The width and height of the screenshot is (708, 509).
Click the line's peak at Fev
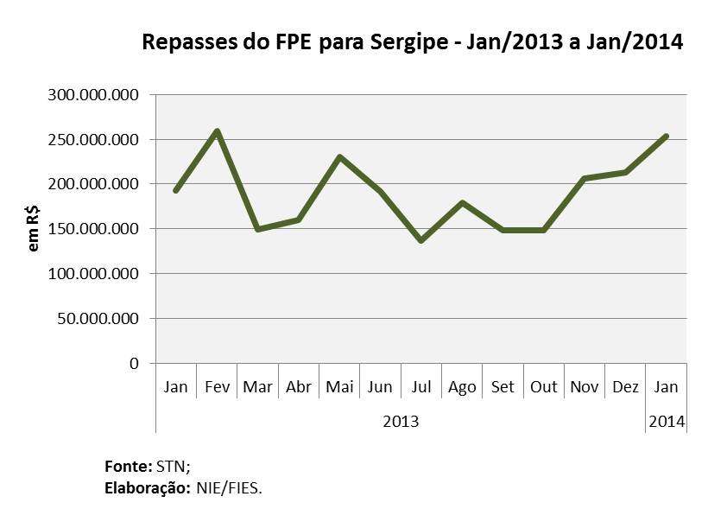(217, 131)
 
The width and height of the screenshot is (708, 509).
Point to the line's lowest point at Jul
(420, 240)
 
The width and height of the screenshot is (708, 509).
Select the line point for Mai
(339, 157)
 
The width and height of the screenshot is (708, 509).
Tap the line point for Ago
(462, 203)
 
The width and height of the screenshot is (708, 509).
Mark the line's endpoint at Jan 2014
(666, 136)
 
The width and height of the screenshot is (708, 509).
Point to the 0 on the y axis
(133, 363)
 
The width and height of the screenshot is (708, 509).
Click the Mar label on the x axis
(257, 386)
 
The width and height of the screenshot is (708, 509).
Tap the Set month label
(503, 386)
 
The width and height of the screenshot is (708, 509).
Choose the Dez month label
(625, 386)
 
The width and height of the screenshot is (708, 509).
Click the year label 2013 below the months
(401, 422)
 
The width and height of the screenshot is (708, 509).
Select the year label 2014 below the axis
(667, 422)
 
